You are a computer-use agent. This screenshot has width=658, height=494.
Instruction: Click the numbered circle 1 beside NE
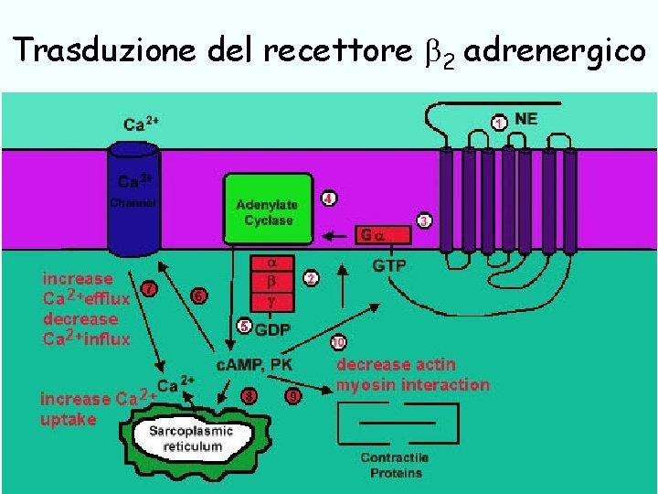pos(499,122)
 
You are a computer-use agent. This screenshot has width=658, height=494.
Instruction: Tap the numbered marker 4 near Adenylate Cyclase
pos(328,198)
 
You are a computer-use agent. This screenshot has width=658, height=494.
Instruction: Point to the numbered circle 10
pos(338,343)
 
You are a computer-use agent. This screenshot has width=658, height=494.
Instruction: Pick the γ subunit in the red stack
pos(271,301)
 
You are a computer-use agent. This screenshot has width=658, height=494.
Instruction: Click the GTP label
pos(389,265)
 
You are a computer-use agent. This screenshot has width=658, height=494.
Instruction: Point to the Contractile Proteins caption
pos(395,465)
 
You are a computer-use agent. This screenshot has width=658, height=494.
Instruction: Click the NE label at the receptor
pos(526,119)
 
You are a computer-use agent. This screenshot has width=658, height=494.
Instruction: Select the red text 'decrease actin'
pos(397,365)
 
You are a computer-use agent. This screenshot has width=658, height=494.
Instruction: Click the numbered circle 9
pos(292,397)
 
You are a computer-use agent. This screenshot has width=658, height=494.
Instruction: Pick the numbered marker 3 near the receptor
pos(425,220)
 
